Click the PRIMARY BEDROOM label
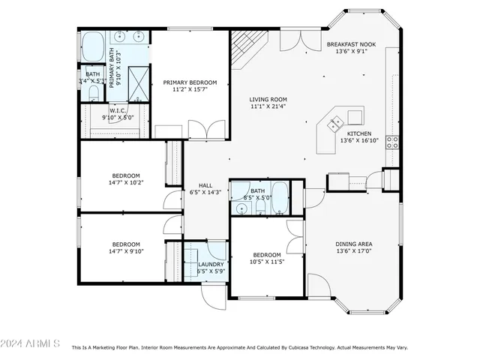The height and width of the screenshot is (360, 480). click(190, 82)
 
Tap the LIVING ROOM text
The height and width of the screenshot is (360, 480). click(268, 99)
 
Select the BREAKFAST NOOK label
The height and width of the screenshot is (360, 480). click(351, 44)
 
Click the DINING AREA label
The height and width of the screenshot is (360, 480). click(355, 244)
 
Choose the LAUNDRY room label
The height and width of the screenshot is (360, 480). click(208, 264)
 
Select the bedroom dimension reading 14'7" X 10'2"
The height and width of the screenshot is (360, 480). click(126, 182)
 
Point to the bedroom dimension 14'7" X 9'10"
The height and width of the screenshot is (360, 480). click(126, 252)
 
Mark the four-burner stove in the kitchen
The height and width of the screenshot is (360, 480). click(391, 142)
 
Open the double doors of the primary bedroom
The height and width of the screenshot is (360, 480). click(206, 130)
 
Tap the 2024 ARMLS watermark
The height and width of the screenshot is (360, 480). click(30, 343)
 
